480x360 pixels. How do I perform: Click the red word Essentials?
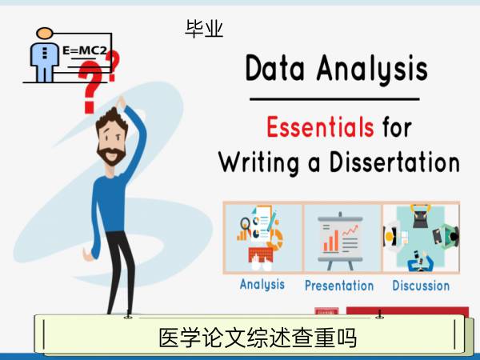pyautogui.click(x=320, y=126)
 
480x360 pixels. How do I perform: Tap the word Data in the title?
pyautogui.click(x=275, y=68)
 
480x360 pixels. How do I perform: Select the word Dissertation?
pyautogui.click(x=394, y=162)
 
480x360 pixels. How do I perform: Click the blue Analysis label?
pyautogui.click(x=262, y=285)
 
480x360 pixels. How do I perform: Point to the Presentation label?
pyautogui.click(x=339, y=286)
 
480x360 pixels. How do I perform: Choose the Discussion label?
pyautogui.click(x=421, y=286)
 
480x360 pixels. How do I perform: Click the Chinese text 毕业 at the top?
pyautogui.click(x=204, y=29)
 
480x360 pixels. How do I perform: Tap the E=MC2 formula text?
pyautogui.click(x=85, y=50)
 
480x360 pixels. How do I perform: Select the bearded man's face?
pyautogui.click(x=111, y=142)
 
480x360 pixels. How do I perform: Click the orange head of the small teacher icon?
pyautogui.click(x=45, y=33)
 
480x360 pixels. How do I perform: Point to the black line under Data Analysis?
pyautogui.click(x=334, y=99)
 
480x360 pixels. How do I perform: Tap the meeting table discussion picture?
pyautogui.click(x=422, y=238)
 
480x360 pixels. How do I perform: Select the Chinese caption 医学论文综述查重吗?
pyautogui.click(x=258, y=338)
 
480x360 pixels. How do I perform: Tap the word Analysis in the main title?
pyautogui.click(x=372, y=69)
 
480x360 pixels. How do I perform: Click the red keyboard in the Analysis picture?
pyautogui.click(x=260, y=255)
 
